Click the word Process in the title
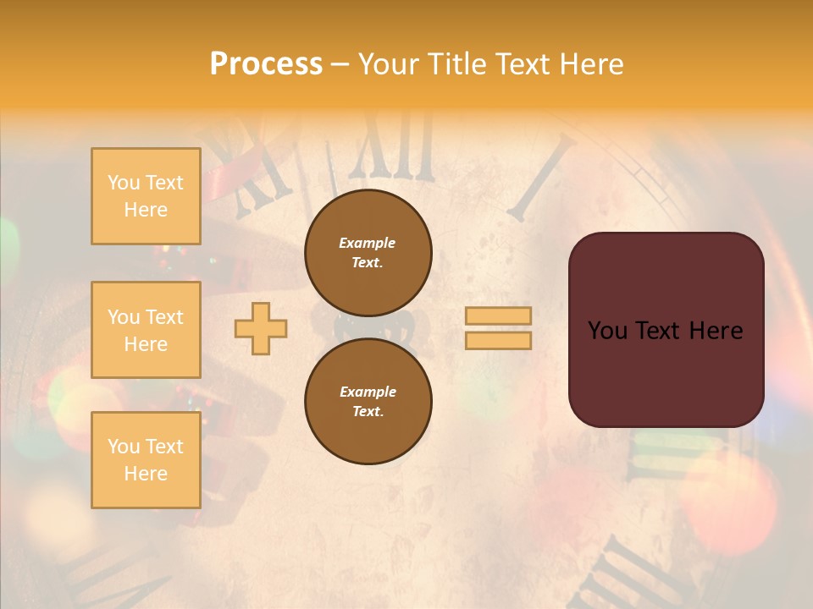tap(266, 64)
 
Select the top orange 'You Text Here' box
tap(146, 196)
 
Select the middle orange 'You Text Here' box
tap(146, 330)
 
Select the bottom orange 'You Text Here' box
tap(146, 460)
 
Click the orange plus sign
tap(261, 328)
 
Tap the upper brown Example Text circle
tap(368, 253)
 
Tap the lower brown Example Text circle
tap(368, 402)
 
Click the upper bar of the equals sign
tap(498, 315)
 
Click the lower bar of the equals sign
tap(498, 340)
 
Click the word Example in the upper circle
tap(368, 243)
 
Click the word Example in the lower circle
tap(368, 392)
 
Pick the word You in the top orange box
tap(123, 183)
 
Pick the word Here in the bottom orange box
tap(146, 474)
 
